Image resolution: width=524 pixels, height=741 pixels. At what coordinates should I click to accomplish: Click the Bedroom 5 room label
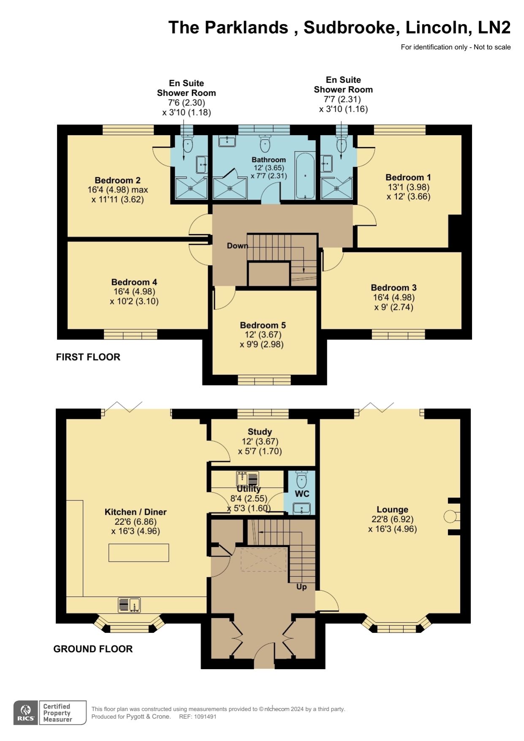(x=263, y=325)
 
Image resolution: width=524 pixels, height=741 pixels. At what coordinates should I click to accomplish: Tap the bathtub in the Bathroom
(x=305, y=176)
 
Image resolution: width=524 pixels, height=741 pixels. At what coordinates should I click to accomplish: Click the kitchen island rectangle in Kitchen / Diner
(x=138, y=553)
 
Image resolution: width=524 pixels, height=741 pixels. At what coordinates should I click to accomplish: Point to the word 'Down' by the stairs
(x=237, y=246)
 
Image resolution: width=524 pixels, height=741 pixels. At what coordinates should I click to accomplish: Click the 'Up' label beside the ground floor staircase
(x=301, y=587)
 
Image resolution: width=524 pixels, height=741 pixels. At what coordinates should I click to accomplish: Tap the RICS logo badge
(x=26, y=713)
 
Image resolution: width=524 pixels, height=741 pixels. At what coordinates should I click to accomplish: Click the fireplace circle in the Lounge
(x=450, y=516)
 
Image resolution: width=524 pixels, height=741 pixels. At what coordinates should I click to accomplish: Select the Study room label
(x=260, y=432)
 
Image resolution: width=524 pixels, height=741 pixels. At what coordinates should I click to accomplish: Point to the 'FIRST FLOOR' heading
(x=88, y=357)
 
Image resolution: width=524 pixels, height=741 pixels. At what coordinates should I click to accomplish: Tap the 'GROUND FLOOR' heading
(x=93, y=649)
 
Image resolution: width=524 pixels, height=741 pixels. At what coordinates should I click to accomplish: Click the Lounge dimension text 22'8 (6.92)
(x=392, y=519)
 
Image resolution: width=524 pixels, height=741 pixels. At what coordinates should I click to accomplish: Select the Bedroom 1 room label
(x=408, y=177)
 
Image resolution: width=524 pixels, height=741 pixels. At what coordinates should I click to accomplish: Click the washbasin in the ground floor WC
(x=301, y=508)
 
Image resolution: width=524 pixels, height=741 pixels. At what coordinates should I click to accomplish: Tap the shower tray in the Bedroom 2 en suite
(x=191, y=188)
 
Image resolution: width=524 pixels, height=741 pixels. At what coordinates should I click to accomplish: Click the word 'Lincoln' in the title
(x=438, y=27)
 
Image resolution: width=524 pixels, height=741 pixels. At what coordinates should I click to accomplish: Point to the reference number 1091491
(x=205, y=717)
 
